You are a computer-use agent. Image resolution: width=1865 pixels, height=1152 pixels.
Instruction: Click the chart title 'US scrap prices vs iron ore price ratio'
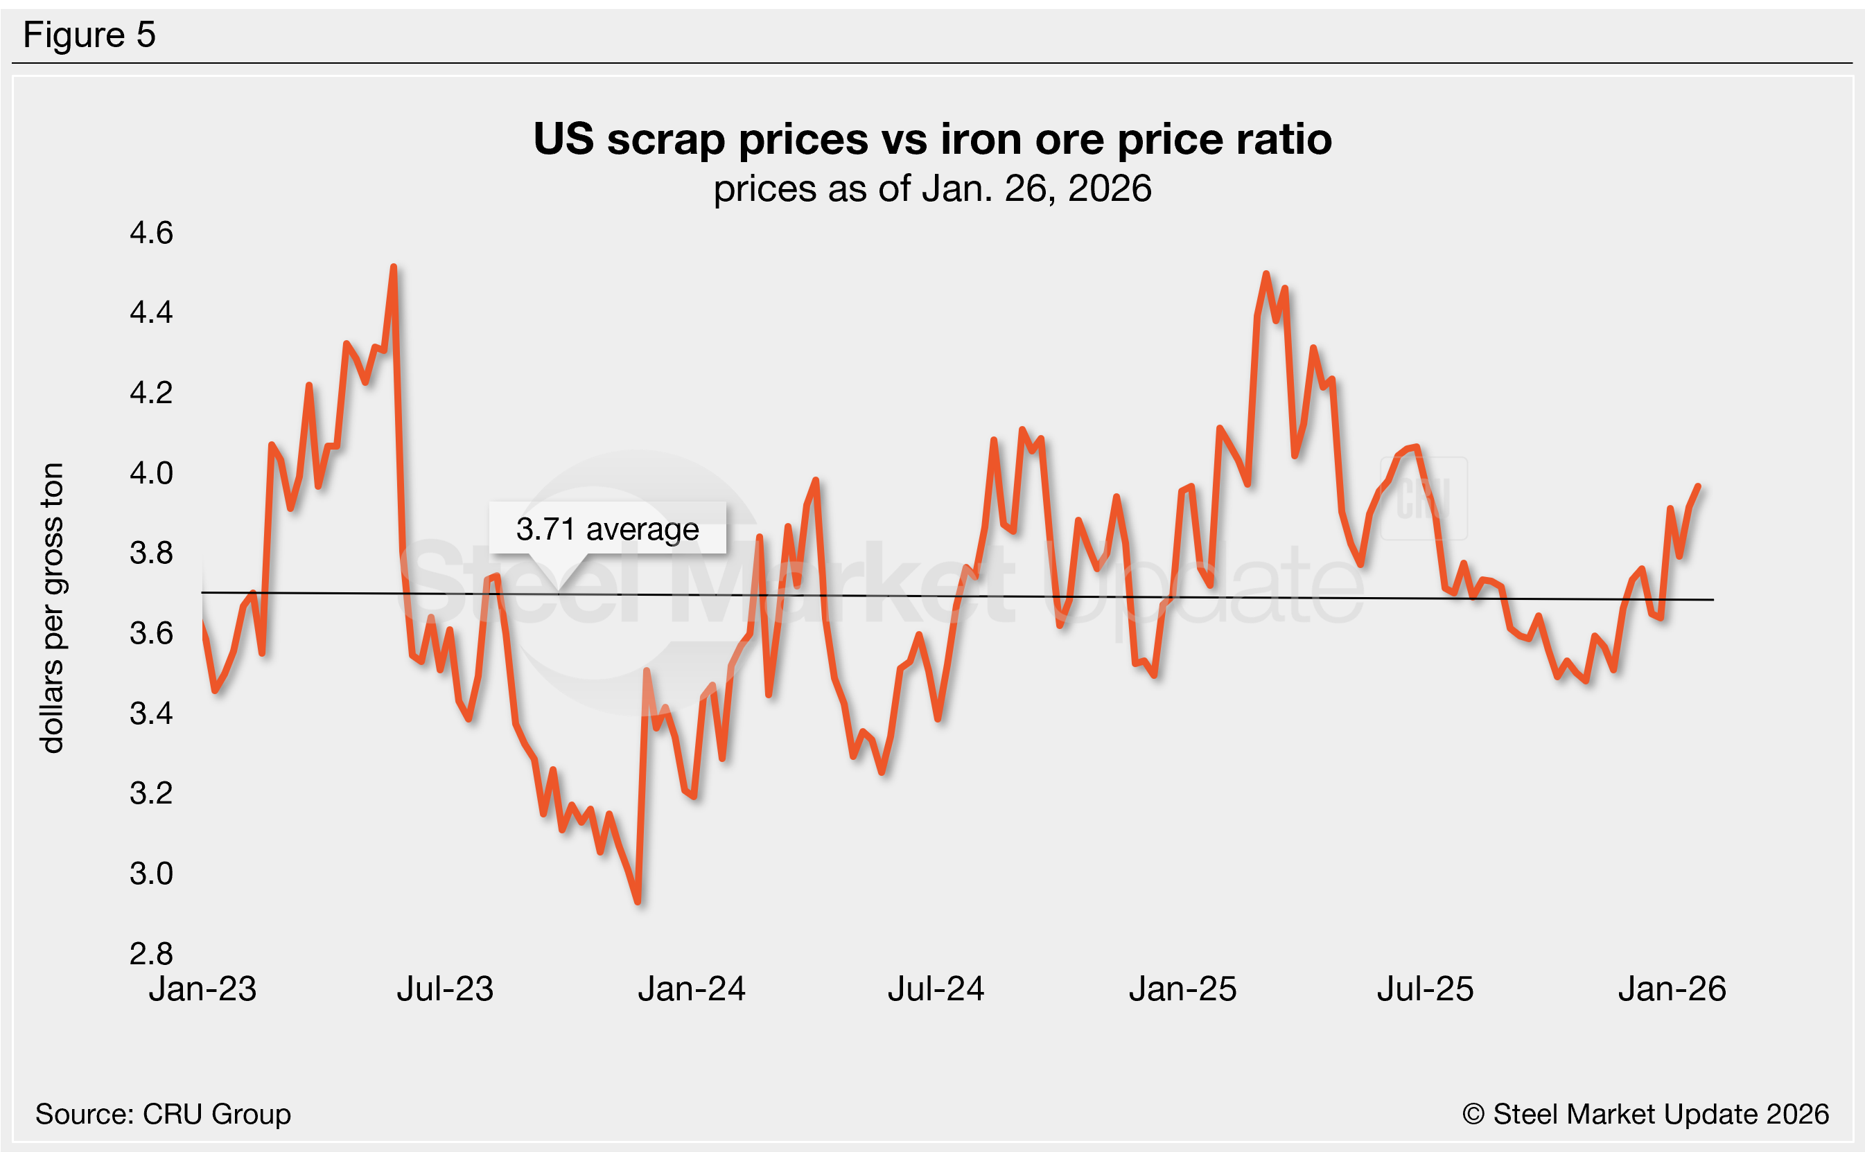[x=932, y=139]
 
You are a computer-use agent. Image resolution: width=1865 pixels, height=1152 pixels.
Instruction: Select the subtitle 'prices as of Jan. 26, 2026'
[x=932, y=188]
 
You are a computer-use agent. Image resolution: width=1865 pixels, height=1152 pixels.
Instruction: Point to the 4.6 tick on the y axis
[x=151, y=232]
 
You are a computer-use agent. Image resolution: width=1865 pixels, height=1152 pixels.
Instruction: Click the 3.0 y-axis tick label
[x=151, y=873]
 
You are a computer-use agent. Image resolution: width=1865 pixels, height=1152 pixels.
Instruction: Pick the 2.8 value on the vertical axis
[x=151, y=953]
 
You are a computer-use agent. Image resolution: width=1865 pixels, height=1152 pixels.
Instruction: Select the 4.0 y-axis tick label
[x=151, y=473]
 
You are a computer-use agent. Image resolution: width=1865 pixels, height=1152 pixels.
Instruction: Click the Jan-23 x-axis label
[x=203, y=989]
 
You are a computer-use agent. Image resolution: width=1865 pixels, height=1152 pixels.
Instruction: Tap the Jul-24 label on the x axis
[x=936, y=989]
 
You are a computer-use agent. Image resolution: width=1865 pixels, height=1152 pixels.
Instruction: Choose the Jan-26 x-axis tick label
[x=1672, y=989]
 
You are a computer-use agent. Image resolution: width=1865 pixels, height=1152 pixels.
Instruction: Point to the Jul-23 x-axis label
[x=445, y=989]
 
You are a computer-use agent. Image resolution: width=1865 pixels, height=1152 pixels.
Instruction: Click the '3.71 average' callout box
[x=607, y=529]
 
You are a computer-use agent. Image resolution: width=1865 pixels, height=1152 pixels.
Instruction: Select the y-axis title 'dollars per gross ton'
[x=52, y=608]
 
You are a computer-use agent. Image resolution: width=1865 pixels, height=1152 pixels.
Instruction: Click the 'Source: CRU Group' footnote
[x=163, y=1114]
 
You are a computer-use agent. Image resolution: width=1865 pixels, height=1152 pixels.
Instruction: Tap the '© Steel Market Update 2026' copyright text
[x=1645, y=1114]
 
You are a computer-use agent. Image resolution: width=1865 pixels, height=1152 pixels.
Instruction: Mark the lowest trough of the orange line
[x=638, y=902]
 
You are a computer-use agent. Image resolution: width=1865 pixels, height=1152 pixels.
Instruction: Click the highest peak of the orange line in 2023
[x=393, y=267]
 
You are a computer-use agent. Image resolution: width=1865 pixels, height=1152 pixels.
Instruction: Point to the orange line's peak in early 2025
[x=1266, y=274]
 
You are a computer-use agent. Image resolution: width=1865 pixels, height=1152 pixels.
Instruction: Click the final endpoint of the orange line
[x=1697, y=486]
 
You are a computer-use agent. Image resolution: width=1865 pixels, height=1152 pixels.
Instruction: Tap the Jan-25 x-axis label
[x=1183, y=989]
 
